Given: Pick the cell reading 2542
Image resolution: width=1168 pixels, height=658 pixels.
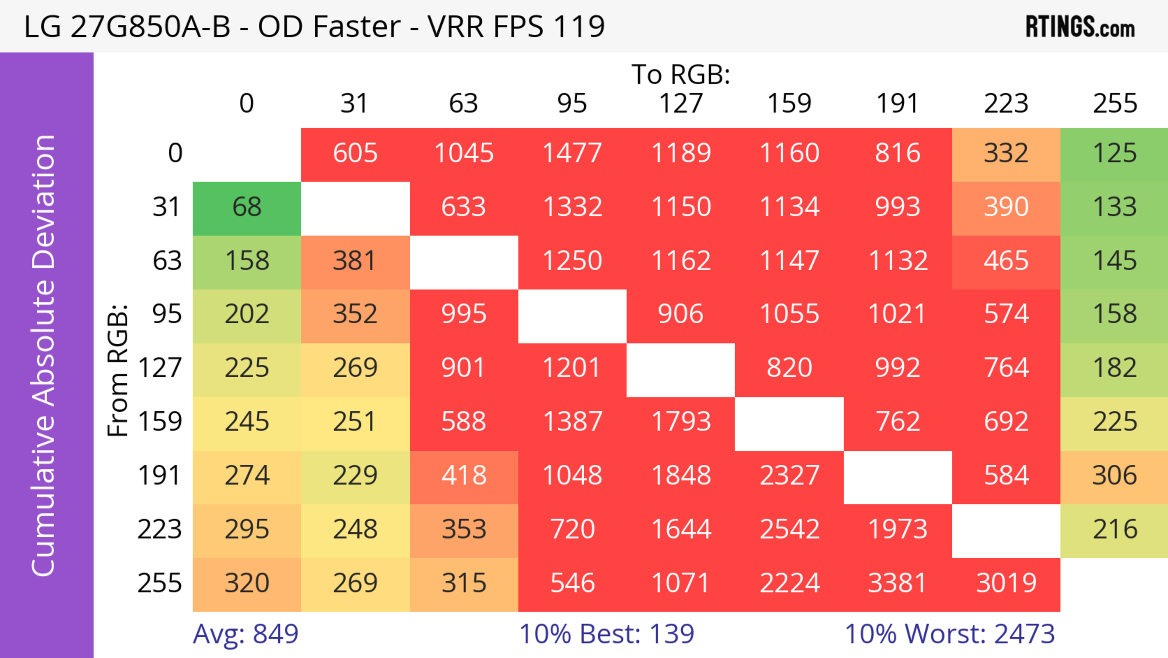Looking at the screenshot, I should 789,530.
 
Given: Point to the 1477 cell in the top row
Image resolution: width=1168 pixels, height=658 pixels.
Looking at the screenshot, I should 572,153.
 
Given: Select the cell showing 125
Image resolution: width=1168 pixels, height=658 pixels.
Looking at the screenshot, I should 1114,153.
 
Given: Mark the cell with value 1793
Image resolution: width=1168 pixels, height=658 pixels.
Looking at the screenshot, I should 681,422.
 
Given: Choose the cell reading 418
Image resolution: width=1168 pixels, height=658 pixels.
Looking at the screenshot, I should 464,476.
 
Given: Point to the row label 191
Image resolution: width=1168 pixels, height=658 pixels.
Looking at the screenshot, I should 160,476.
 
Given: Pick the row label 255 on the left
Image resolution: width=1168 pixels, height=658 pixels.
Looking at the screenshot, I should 160,584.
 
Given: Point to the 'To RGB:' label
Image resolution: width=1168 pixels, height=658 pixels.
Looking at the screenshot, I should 681,74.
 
